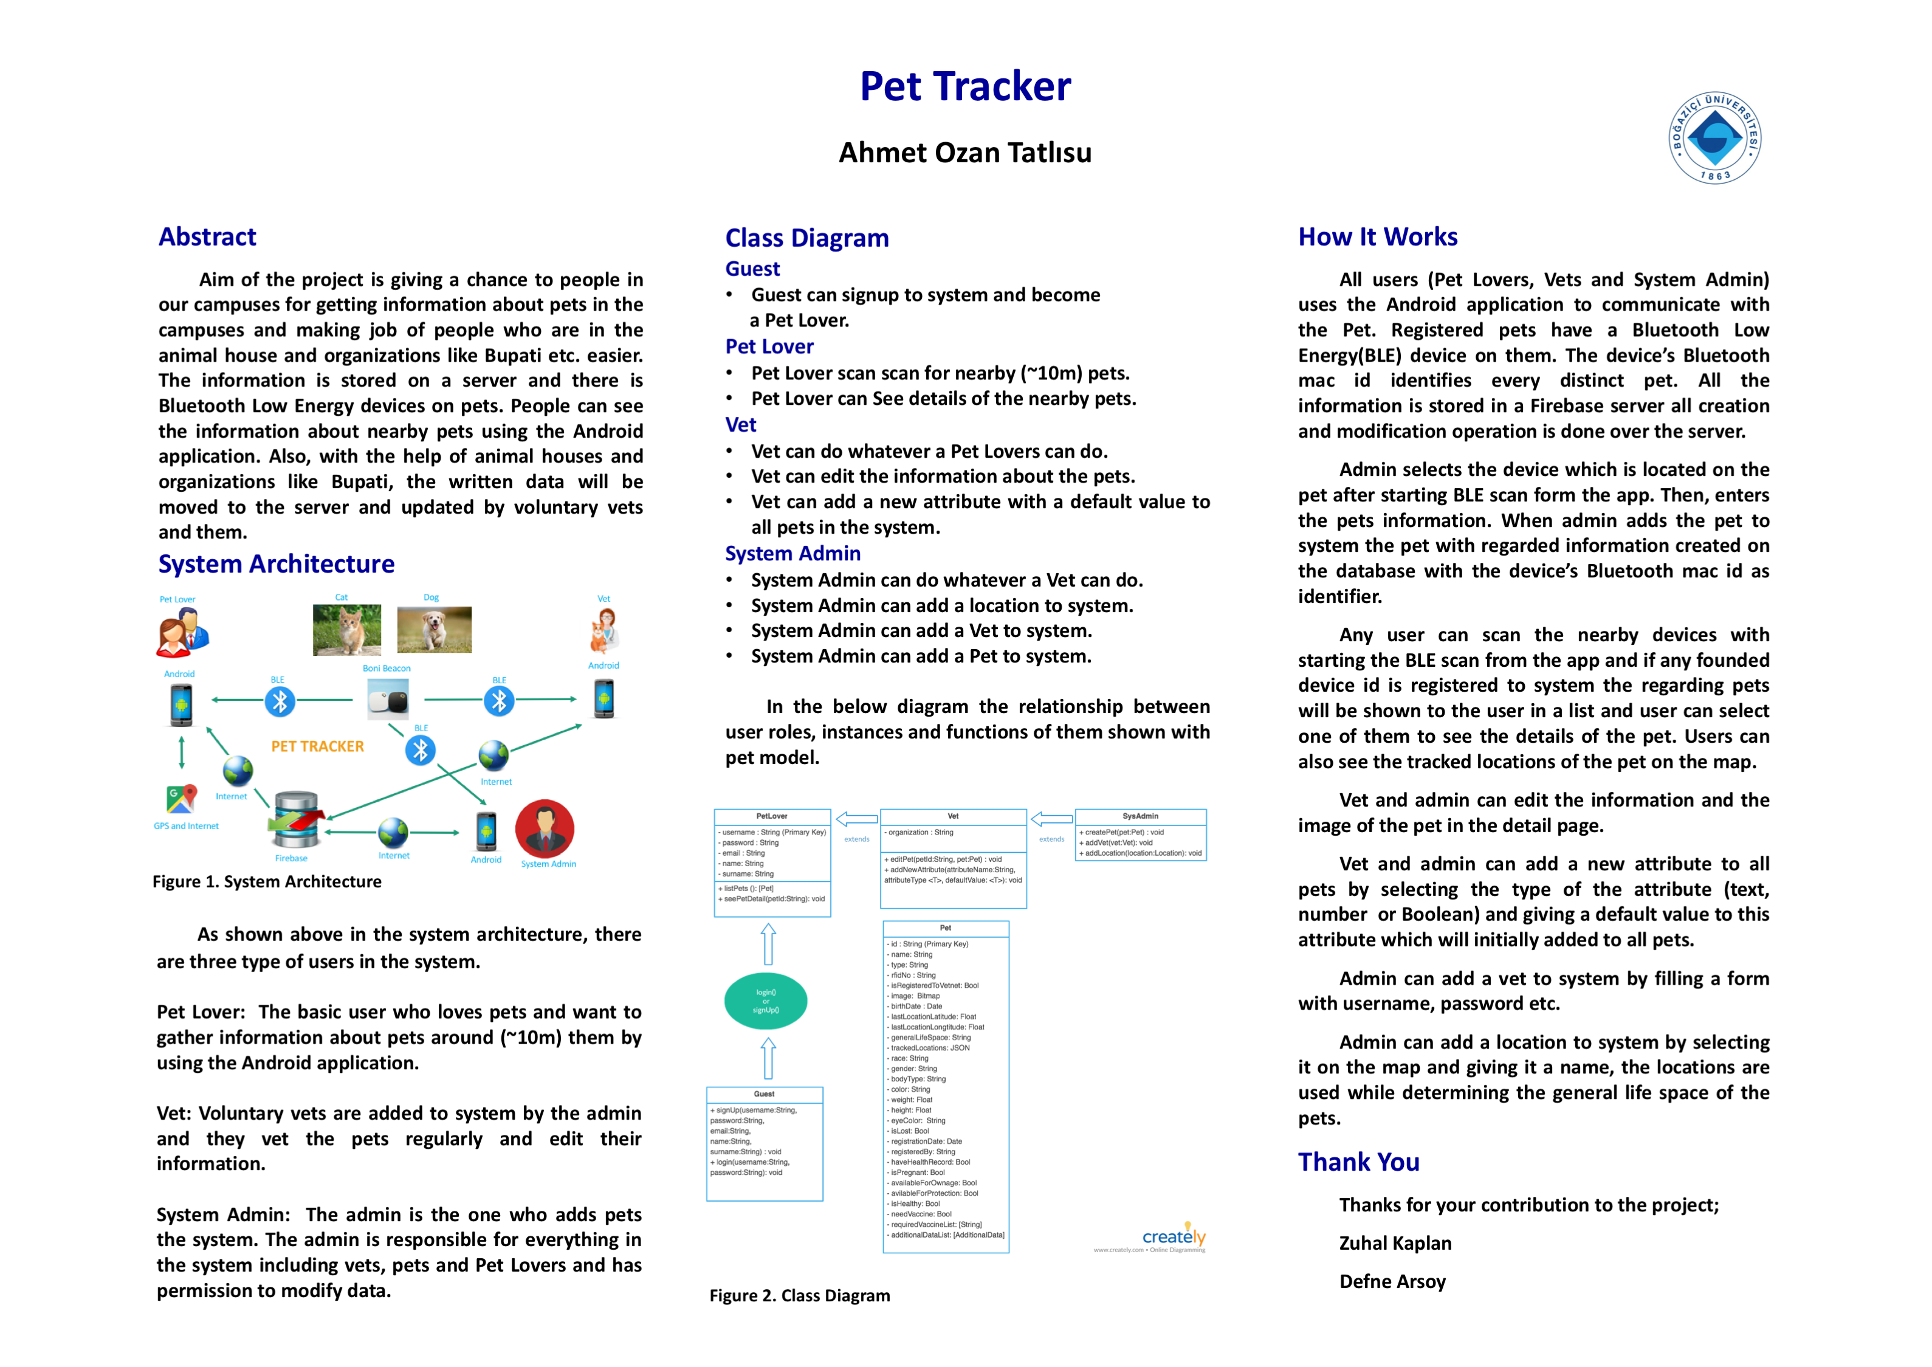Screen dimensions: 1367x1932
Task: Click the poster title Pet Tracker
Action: [x=964, y=87]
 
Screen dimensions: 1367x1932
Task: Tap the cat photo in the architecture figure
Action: [x=346, y=630]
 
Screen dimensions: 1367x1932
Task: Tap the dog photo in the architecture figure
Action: [x=434, y=630]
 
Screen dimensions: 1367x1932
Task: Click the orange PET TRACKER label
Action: [x=317, y=746]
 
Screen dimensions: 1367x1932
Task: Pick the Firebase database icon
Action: [x=295, y=819]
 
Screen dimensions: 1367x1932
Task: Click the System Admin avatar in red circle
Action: [x=545, y=828]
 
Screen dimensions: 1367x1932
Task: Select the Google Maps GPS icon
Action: [x=182, y=798]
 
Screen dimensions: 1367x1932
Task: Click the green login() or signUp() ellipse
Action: [x=766, y=1001]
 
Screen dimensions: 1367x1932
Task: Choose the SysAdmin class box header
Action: [x=1140, y=816]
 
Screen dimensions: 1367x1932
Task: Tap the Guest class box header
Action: [x=764, y=1094]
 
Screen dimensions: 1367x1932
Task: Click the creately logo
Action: [x=1173, y=1236]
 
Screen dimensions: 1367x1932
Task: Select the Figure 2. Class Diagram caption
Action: [x=799, y=1295]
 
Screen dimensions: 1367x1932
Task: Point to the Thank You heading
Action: [x=1358, y=1162]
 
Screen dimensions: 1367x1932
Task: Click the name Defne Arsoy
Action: [x=1392, y=1281]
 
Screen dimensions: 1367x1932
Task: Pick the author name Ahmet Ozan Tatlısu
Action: [x=964, y=153]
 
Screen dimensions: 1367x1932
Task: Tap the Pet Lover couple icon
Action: [x=182, y=633]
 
